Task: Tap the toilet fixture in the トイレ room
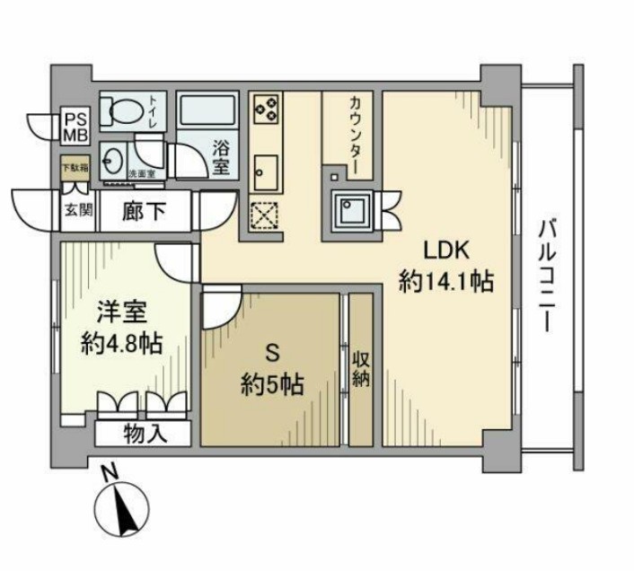click(x=123, y=110)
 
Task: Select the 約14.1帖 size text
click(x=445, y=282)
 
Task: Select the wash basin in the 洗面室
click(x=114, y=164)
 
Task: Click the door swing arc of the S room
click(x=220, y=311)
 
